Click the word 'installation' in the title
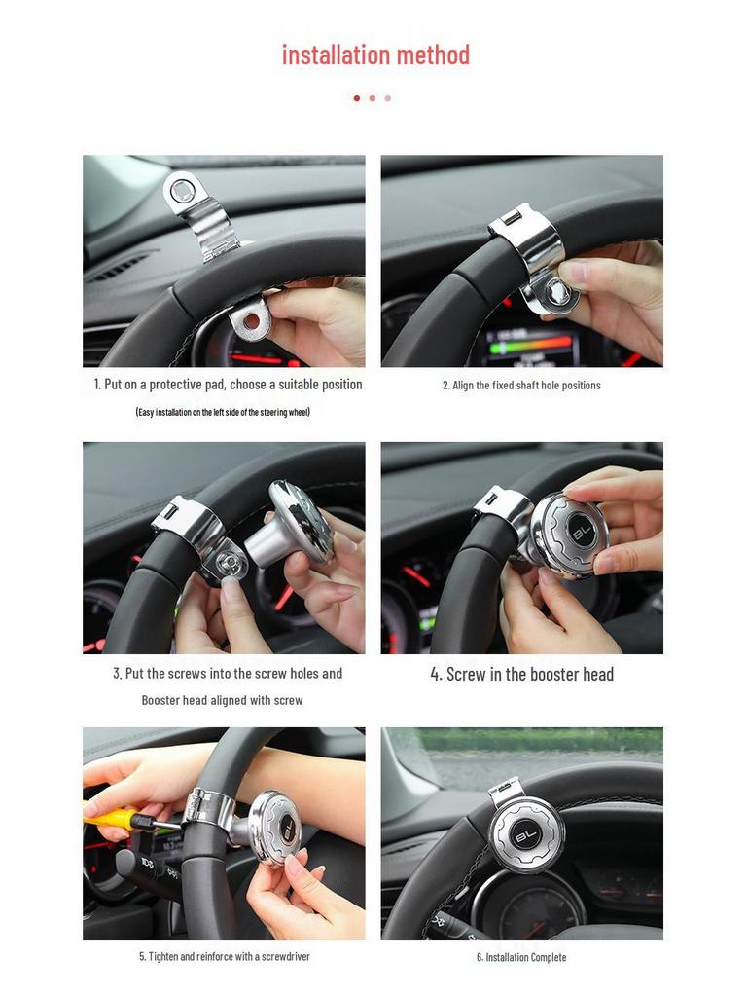click(330, 55)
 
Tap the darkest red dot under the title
click(357, 98)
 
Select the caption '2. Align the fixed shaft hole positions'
click(521, 386)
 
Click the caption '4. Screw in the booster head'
click(521, 674)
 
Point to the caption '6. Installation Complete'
click(521, 957)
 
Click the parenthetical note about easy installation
click(223, 412)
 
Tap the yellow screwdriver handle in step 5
click(110, 816)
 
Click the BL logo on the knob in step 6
click(526, 834)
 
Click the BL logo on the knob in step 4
click(581, 535)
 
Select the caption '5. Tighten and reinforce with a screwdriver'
click(224, 957)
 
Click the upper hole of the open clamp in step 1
click(182, 190)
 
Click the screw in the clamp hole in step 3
click(231, 560)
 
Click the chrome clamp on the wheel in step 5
click(208, 808)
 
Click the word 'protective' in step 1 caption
click(188, 385)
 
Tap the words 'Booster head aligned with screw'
click(223, 700)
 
